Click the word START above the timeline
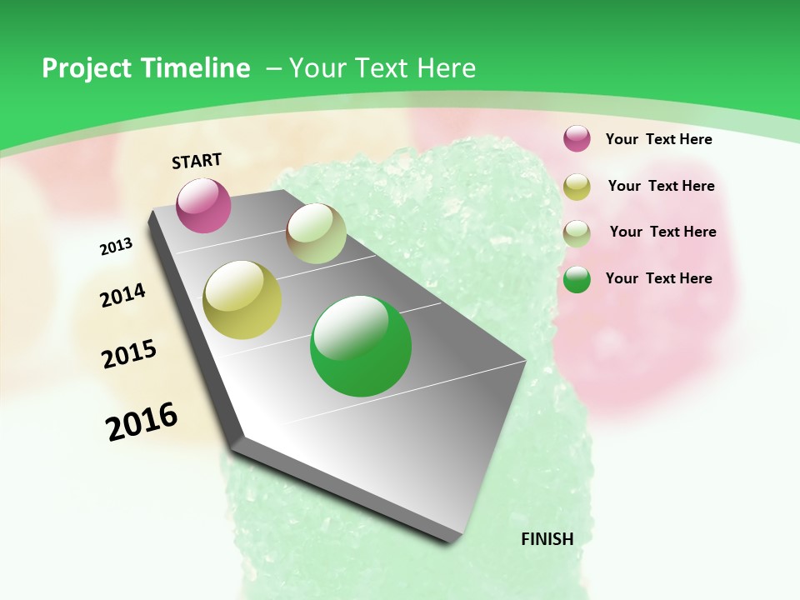[x=197, y=161]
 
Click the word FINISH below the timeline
[x=547, y=538]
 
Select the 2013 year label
[x=116, y=247]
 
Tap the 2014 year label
[x=122, y=295]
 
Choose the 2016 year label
[x=142, y=421]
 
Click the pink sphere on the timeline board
[x=204, y=205]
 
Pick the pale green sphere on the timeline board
[x=316, y=233]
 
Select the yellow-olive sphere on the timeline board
[x=242, y=300]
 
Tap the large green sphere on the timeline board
[x=361, y=346]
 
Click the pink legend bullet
[x=577, y=139]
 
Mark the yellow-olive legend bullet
[x=577, y=187]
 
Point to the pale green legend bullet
[x=577, y=233]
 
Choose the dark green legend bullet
[x=577, y=280]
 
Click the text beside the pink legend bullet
[x=658, y=139]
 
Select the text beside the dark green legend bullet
[x=658, y=278]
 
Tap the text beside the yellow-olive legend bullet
[x=661, y=186]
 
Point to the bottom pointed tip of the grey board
[x=450, y=542]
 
